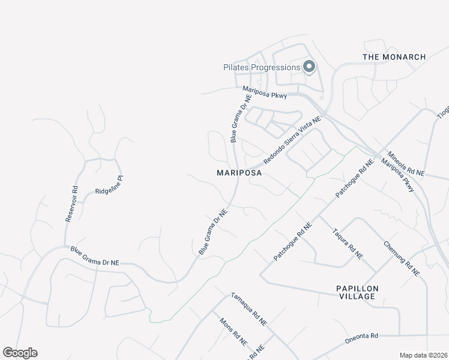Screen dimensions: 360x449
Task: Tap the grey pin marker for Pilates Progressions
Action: [309, 67]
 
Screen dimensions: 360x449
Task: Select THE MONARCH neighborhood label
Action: [394, 57]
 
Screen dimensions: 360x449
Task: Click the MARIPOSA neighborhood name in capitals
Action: [239, 173]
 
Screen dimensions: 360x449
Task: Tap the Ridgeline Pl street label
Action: [108, 185]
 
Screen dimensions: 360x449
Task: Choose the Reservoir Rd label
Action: [71, 203]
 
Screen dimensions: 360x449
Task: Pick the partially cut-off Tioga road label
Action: [443, 112]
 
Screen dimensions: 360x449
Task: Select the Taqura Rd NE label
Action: [348, 243]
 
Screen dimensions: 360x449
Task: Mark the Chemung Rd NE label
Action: [402, 259]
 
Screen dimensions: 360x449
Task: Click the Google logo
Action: [20, 353]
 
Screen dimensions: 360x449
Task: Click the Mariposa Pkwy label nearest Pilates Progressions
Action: [265, 91]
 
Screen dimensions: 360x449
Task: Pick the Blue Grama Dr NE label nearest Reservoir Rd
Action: [95, 257]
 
